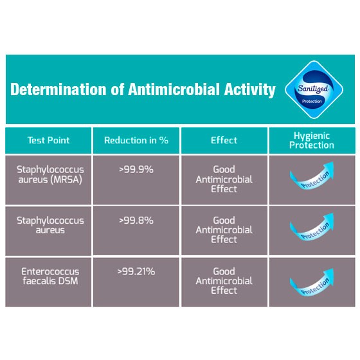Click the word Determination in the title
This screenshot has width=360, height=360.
pyautogui.click(x=59, y=89)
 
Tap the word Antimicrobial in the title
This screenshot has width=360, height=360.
pyautogui.click(x=174, y=89)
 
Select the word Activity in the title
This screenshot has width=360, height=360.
pyautogui.click(x=250, y=89)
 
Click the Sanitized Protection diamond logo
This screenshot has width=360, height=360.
pyautogui.click(x=314, y=89)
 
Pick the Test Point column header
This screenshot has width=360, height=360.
pyautogui.click(x=48, y=140)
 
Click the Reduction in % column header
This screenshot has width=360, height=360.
pyautogui.click(x=136, y=140)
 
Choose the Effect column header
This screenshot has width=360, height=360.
pyautogui.click(x=224, y=140)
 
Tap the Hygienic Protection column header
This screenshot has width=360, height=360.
pyautogui.click(x=312, y=141)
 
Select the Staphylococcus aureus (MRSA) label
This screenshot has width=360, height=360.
pyautogui.click(x=50, y=174)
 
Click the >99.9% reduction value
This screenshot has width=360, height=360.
pyautogui.click(x=136, y=170)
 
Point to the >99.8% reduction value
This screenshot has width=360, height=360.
pyautogui.click(x=136, y=221)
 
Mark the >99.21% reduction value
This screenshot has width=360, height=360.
pyautogui.click(x=136, y=271)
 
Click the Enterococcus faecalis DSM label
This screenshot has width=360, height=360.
pyautogui.click(x=50, y=276)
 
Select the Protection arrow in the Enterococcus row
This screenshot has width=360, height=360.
pyautogui.click(x=312, y=283)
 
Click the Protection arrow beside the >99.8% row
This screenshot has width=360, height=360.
pyautogui.click(x=312, y=228)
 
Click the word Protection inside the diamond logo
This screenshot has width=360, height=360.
pyautogui.click(x=312, y=102)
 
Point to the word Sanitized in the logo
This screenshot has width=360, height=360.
pyautogui.click(x=312, y=89)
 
